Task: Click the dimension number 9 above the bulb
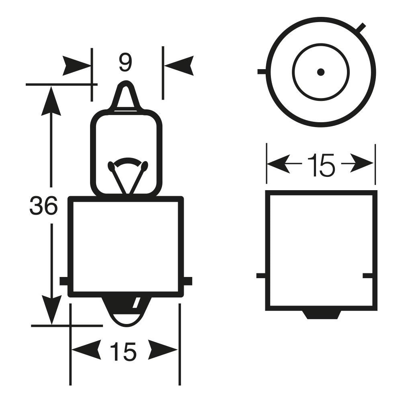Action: pyautogui.click(x=125, y=63)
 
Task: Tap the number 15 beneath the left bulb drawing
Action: pyautogui.click(x=123, y=352)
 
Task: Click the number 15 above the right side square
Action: pyautogui.click(x=320, y=165)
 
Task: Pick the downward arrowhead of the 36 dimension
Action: pyautogui.click(x=51, y=310)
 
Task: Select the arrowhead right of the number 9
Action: pyautogui.click(x=179, y=66)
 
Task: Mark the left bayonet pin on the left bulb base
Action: pyautogui.click(x=64, y=281)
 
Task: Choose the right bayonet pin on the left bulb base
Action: pyautogui.click(x=188, y=281)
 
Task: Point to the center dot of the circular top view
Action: pyautogui.click(x=320, y=72)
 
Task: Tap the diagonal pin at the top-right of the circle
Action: pyautogui.click(x=361, y=28)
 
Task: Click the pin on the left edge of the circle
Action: pyautogui.click(x=261, y=72)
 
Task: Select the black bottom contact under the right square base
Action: pyautogui.click(x=322, y=314)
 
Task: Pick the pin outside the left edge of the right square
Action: pyautogui.click(x=260, y=276)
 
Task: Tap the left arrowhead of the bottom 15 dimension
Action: pyautogui.click(x=85, y=349)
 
